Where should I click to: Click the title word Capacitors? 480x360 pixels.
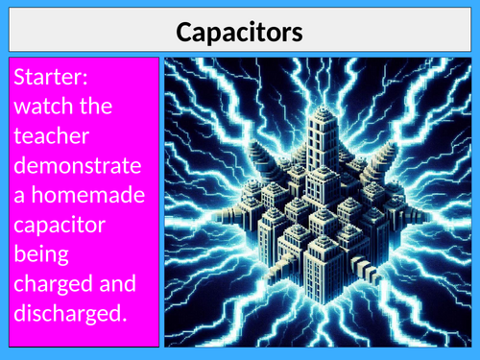(x=239, y=33)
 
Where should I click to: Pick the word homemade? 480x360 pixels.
(x=84, y=197)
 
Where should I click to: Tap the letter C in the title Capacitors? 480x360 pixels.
(x=185, y=33)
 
